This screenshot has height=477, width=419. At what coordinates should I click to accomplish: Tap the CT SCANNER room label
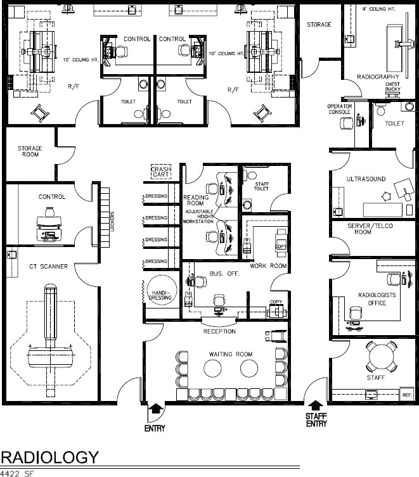click(x=48, y=267)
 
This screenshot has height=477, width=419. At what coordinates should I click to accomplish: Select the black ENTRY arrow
click(x=155, y=408)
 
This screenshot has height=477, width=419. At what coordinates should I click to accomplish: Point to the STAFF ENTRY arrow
click(x=316, y=405)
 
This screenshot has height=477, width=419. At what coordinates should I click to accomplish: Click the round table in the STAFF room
click(x=382, y=357)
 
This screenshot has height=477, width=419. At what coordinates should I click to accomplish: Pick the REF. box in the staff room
click(x=406, y=395)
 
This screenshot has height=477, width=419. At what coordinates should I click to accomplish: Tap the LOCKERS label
click(x=112, y=222)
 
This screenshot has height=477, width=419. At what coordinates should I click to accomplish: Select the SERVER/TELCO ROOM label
click(x=370, y=229)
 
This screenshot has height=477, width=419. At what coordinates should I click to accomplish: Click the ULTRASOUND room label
click(x=366, y=179)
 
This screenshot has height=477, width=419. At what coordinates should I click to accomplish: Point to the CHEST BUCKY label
click(x=392, y=86)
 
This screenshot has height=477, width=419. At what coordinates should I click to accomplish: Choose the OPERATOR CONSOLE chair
click(x=346, y=123)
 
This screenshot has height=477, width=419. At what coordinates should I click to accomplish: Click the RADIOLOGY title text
click(x=49, y=457)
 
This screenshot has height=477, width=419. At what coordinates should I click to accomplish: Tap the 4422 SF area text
click(x=16, y=473)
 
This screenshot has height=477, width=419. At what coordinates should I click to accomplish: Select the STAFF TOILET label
click(x=262, y=186)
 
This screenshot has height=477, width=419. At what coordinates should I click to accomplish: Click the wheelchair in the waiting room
click(x=276, y=336)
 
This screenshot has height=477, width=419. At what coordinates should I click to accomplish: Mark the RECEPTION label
click(x=219, y=331)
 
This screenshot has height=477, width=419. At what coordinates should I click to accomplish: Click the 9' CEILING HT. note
click(x=378, y=9)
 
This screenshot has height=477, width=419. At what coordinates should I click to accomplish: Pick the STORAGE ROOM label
click(x=30, y=151)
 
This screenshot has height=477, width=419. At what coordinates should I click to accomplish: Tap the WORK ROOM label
click(x=268, y=266)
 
